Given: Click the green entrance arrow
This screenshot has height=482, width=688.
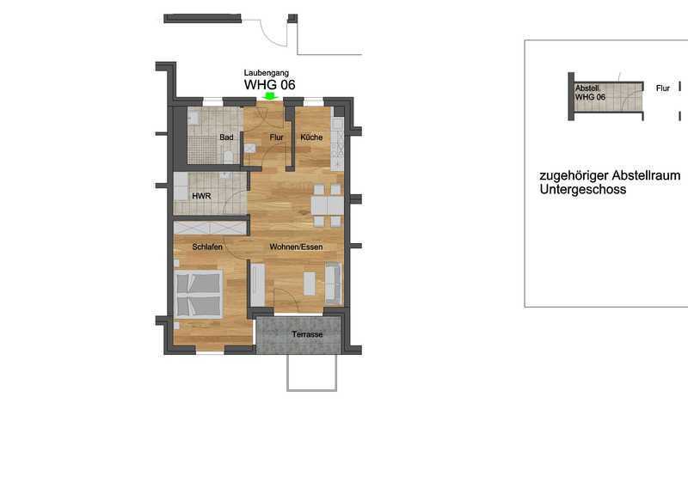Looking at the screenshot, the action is tap(269, 96).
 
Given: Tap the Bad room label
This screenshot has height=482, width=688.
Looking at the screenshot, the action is tap(226, 137).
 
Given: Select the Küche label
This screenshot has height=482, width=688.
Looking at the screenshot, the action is tap(311, 137).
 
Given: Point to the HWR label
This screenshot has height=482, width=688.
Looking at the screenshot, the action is tap(201, 196).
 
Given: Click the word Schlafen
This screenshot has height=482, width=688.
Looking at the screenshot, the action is tap(207, 247).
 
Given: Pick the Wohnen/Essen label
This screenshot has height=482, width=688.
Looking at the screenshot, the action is tap(296, 247).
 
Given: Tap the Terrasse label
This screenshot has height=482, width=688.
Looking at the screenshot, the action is tap(307, 334).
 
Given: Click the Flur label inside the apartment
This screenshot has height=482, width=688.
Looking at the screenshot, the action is tap(276, 137).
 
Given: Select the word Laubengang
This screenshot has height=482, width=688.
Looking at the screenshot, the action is tap(267, 73).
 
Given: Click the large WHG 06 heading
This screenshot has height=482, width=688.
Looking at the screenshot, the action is tap(269, 84).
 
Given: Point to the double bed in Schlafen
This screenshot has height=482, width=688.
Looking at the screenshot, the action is tap(199, 295).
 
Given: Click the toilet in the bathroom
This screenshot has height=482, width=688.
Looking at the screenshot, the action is tap(228, 156).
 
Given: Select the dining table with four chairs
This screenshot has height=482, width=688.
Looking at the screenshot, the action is tap(328, 205).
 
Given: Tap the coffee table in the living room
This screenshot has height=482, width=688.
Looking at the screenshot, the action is tap(310, 284).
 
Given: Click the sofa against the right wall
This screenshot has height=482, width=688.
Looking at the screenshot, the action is tap(334, 284).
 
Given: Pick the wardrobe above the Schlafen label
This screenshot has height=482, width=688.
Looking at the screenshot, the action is tap(209, 229).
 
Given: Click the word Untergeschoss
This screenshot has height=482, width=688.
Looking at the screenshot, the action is tap(583, 190).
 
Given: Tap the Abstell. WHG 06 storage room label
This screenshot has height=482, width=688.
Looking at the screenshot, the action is tap(590, 93).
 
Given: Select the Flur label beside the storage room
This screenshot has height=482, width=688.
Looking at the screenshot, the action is tap(662, 88).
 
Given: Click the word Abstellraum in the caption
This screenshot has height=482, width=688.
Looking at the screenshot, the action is tap(647, 176).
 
